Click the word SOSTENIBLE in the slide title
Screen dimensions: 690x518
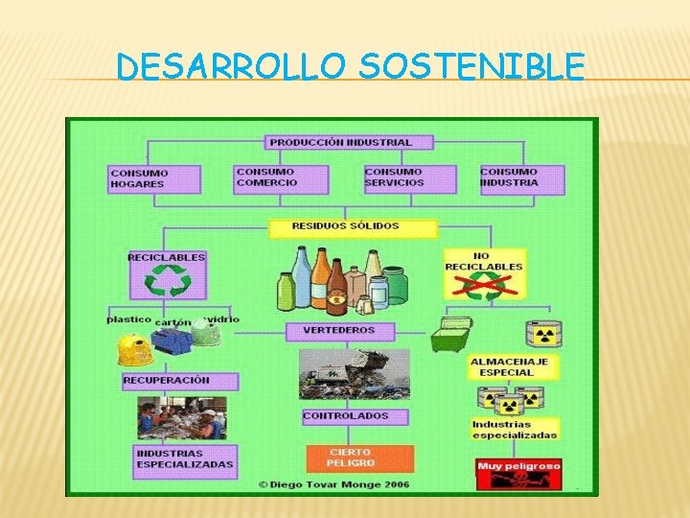472,66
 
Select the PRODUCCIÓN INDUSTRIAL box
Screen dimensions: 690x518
340,142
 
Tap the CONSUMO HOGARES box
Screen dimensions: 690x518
154,178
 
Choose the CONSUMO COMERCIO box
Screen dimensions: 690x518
281,178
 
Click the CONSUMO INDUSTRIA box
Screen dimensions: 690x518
521,178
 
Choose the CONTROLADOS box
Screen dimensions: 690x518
346,416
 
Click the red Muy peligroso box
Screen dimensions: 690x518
517,472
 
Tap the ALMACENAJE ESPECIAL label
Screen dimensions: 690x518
509,368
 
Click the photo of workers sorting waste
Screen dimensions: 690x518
181,418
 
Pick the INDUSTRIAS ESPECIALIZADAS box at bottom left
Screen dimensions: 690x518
185,459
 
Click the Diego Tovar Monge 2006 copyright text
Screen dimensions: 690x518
333,484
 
